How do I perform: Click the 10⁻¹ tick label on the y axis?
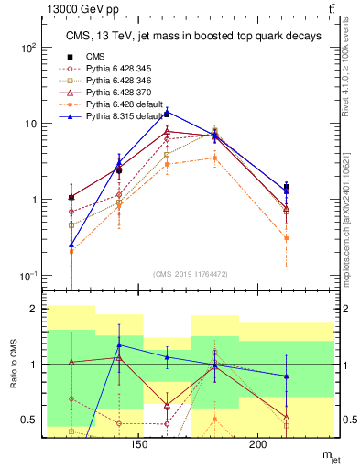coord(27,276)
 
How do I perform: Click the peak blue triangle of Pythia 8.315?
coord(167,112)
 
